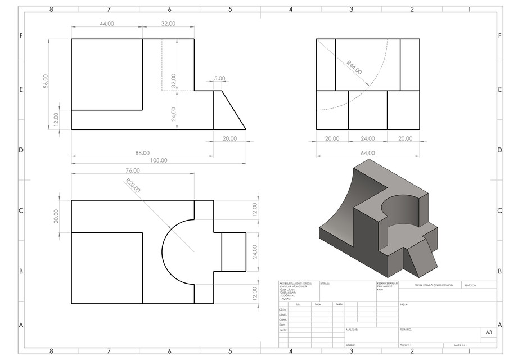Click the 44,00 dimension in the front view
click(x=107, y=24)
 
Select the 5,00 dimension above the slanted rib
click(x=219, y=78)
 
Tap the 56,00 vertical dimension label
click(x=46, y=82)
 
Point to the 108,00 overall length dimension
click(x=159, y=160)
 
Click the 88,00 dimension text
click(x=142, y=152)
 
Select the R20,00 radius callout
click(x=133, y=186)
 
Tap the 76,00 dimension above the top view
click(x=132, y=170)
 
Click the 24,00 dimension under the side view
click(x=367, y=138)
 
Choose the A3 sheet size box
click(x=488, y=333)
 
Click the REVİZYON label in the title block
click(x=470, y=285)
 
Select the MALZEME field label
click(x=353, y=330)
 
